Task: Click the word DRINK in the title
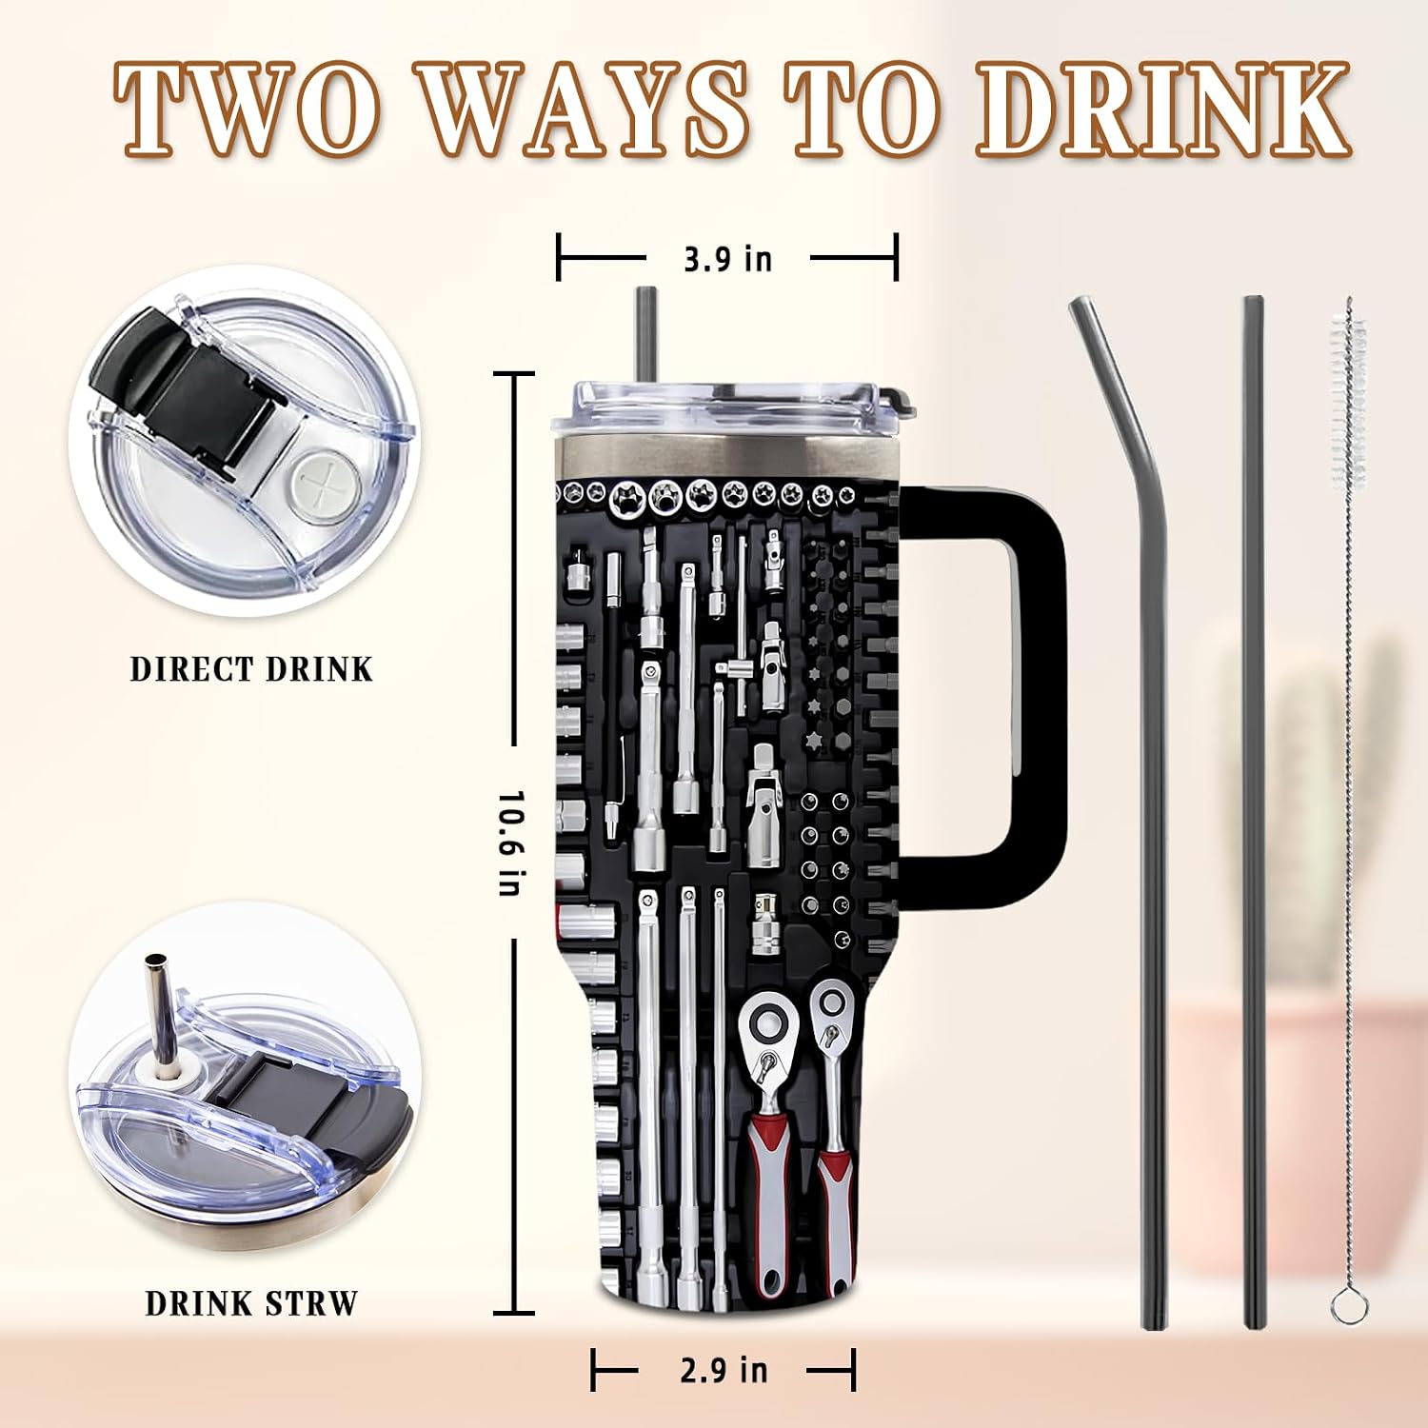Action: pyautogui.click(x=1163, y=109)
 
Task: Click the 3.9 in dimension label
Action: pyautogui.click(x=728, y=259)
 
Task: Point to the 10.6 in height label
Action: pyautogui.click(x=511, y=843)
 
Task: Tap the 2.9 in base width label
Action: pyautogui.click(x=724, y=1370)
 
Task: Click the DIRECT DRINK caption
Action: pyautogui.click(x=251, y=669)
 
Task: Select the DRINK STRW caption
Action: pyautogui.click(x=251, y=1303)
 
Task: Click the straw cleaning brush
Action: pyautogui.click(x=1348, y=809)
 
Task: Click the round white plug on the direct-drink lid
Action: pyautogui.click(x=325, y=484)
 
